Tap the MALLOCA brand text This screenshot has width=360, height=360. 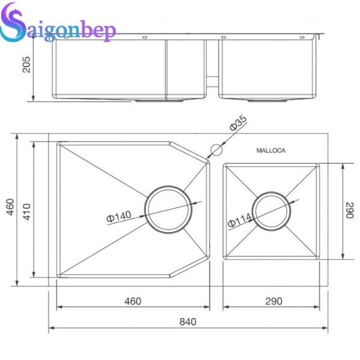pos(271,151)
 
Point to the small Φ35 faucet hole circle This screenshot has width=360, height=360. pos(214,149)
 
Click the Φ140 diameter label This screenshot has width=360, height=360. pos(119,217)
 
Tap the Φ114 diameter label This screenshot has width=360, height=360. pos(239,223)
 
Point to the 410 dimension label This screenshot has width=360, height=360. pos(27,210)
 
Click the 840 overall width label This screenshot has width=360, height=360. pos(187,322)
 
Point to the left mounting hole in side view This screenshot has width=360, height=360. pos(145,39)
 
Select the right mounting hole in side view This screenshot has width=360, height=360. pos(224,39)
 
